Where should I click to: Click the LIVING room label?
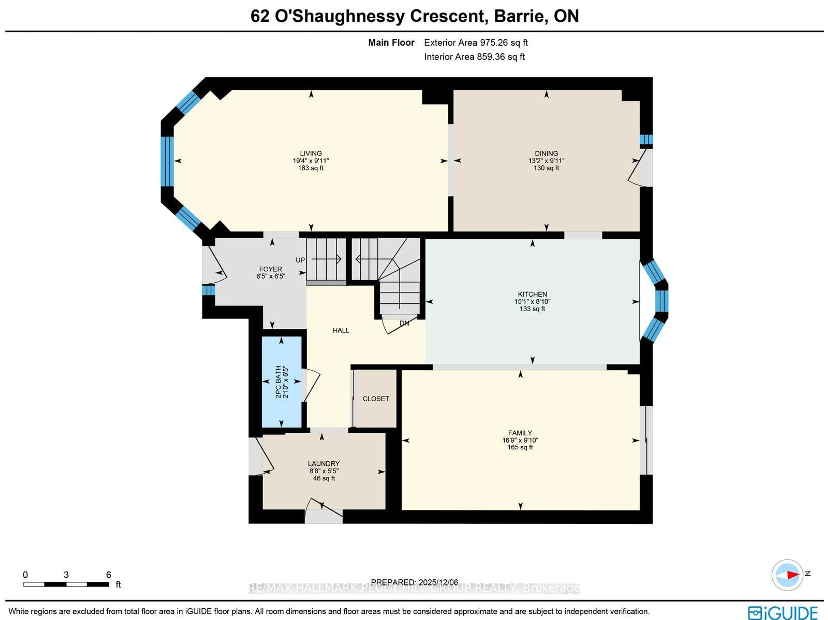pyautogui.click(x=311, y=153)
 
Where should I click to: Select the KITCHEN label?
pyautogui.click(x=532, y=294)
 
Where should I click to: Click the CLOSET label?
pyautogui.click(x=376, y=399)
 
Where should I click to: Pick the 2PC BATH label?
pyautogui.click(x=278, y=382)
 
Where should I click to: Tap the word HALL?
pyautogui.click(x=341, y=330)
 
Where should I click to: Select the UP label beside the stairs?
pyautogui.click(x=300, y=260)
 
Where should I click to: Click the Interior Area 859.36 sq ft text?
pyautogui.click(x=474, y=57)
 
